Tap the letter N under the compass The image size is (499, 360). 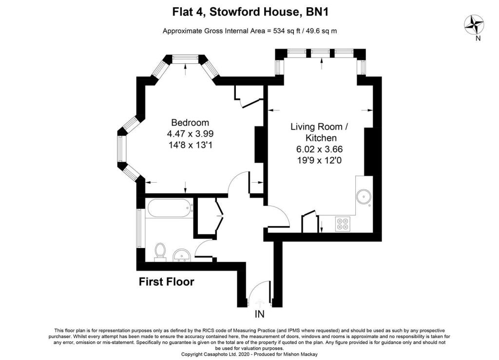point(478,38)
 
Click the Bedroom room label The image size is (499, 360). point(190,123)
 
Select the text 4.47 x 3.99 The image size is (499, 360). point(190,133)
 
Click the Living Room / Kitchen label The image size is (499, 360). point(319,132)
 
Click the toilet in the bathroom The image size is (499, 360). point(159,252)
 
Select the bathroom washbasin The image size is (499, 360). point(183,254)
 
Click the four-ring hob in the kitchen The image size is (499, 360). point(343,224)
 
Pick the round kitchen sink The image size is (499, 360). point(363,197)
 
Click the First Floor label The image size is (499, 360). point(166,282)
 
